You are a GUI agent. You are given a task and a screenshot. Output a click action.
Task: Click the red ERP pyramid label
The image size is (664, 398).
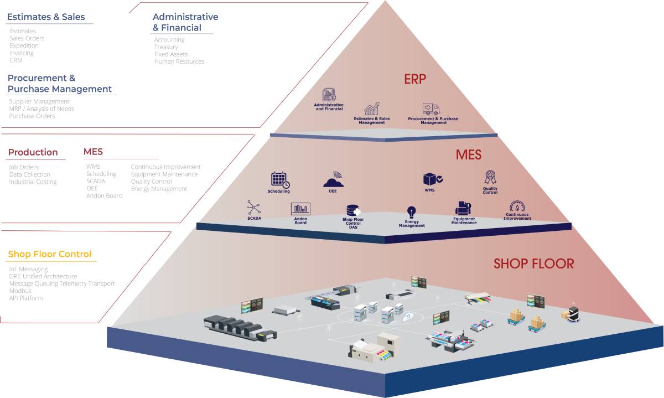click(415, 79)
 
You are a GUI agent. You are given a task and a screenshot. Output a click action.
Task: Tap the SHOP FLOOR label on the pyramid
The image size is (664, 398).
click(533, 263)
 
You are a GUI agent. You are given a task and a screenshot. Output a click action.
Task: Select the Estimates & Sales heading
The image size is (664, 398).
click(46, 17)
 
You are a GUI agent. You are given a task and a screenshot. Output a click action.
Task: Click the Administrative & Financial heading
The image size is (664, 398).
click(185, 22)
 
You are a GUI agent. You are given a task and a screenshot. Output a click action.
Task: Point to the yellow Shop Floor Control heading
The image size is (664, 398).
click(49, 255)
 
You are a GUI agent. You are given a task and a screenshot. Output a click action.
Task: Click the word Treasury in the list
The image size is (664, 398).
click(166, 47)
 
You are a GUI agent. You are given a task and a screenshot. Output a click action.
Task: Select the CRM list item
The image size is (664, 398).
click(16, 60)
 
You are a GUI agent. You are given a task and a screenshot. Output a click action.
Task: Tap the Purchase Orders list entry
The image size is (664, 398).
click(32, 116)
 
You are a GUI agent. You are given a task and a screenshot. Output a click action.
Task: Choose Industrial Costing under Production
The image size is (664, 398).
click(33, 182)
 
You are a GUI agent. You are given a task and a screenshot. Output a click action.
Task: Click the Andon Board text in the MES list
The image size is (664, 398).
click(104, 196)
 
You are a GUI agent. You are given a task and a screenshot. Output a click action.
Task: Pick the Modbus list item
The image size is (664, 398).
click(20, 291)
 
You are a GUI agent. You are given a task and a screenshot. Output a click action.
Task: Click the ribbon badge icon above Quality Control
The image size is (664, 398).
click(490, 177)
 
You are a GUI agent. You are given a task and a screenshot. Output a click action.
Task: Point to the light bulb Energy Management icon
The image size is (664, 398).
click(411, 212)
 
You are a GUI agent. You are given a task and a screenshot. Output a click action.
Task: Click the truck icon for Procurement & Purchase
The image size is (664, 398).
click(430, 108)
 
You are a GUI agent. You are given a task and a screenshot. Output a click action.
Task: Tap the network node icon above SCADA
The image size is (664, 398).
click(254, 208)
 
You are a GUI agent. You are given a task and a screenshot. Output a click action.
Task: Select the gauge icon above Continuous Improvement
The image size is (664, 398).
click(517, 207)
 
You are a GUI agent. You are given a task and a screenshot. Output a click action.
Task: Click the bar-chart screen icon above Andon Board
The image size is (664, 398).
click(300, 209)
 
